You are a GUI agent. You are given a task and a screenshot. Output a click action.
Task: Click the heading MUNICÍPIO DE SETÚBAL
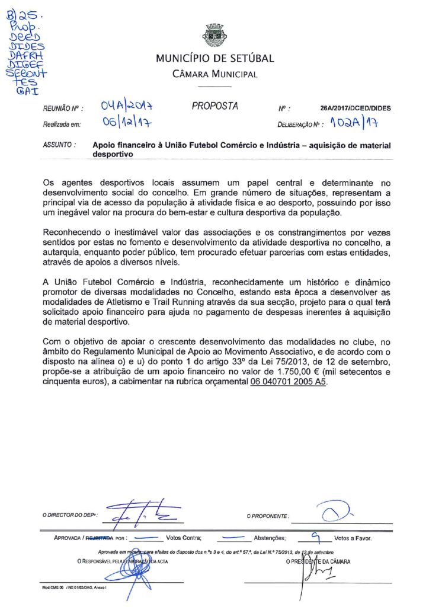click(x=214, y=59)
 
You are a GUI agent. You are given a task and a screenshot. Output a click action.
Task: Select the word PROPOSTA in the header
click(x=214, y=107)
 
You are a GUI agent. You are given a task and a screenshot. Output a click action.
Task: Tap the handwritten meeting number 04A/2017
click(x=127, y=107)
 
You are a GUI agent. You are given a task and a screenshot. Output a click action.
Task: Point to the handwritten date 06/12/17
click(x=124, y=124)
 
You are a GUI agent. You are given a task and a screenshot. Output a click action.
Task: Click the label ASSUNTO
click(x=59, y=145)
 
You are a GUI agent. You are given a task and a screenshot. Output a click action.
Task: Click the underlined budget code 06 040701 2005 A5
click(x=287, y=382)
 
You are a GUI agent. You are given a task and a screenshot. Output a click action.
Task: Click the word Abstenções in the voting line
click(x=270, y=538)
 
